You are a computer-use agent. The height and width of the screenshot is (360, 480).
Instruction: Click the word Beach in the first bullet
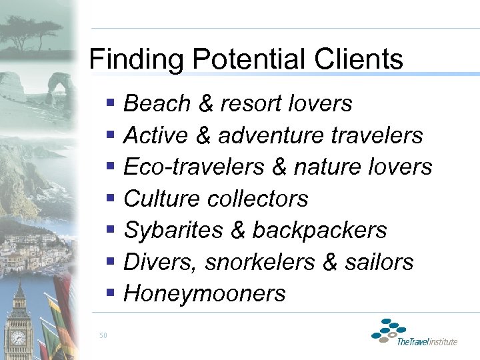pyautogui.click(x=157, y=104)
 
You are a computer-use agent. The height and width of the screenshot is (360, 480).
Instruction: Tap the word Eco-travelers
pyautogui.click(x=194, y=167)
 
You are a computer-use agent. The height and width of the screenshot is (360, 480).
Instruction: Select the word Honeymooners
pyautogui.click(x=205, y=294)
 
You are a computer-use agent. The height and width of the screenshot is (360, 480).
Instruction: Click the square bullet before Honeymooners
pyautogui.click(x=111, y=293)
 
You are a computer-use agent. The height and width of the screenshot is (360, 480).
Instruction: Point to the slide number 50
pyautogui.click(x=103, y=335)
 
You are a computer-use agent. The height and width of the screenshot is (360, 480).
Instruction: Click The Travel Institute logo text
pyautogui.click(x=427, y=342)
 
